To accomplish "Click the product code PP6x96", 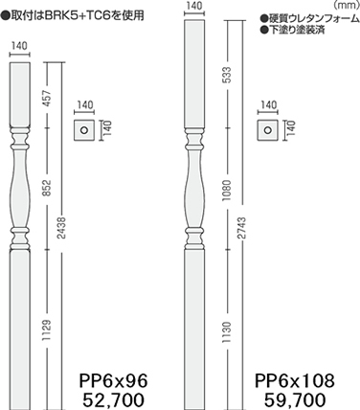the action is pos(113,380).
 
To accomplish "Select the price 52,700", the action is pos(113,399).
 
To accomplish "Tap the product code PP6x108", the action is pos(295,380).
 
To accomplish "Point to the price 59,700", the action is pos(295,399).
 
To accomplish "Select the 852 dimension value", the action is pos(47,189).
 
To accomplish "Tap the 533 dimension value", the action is pos(227,76).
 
